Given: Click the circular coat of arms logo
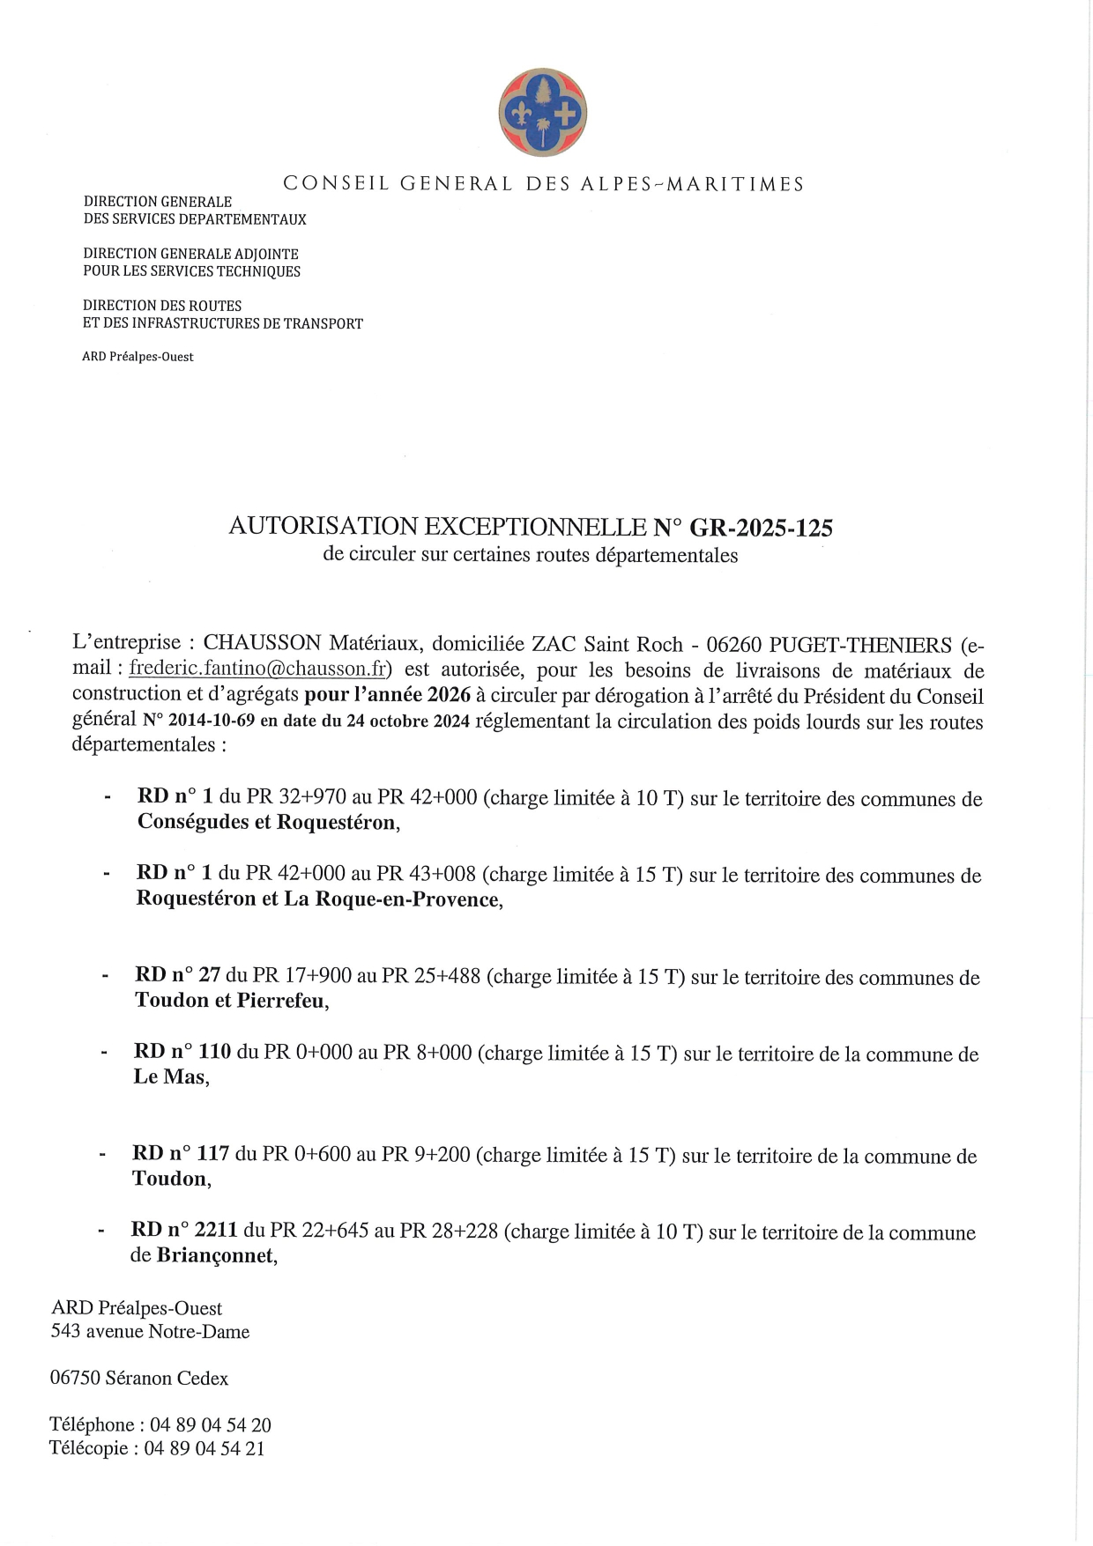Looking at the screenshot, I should tap(542, 115).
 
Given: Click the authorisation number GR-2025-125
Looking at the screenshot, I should tap(761, 528).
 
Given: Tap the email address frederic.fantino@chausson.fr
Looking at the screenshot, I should tap(259, 669).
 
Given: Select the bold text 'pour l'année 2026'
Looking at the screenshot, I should tap(387, 695).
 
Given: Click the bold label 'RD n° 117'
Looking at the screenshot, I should tap(181, 1154).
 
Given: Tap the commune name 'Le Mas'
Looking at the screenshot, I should tap(169, 1076).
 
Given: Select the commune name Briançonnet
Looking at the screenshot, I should tap(215, 1255).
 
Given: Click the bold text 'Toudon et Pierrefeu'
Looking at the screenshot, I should tap(230, 1001).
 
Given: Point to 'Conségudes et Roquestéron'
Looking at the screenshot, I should tap(266, 823).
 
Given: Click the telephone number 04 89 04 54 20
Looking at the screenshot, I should tap(210, 1424).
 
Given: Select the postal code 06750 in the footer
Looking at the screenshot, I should tap(74, 1378).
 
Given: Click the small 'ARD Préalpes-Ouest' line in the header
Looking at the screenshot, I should tap(138, 357).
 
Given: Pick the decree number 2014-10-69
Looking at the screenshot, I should tap(211, 721).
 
